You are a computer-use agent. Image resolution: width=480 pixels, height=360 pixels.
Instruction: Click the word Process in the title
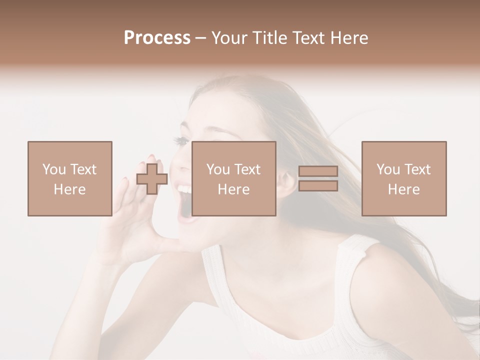point(157,38)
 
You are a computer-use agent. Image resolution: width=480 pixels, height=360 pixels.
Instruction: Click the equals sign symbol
point(318,178)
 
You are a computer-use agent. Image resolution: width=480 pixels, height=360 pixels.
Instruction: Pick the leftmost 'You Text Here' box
point(69,178)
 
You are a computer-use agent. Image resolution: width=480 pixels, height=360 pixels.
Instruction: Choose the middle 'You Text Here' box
point(233,178)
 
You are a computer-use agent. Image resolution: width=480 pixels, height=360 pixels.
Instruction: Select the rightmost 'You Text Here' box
point(403,178)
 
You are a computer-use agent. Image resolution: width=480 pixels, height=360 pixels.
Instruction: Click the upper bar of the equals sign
point(318,171)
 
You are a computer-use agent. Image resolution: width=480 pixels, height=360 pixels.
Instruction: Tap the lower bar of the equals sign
point(318,186)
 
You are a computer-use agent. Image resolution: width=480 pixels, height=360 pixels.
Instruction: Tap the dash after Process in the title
point(201,38)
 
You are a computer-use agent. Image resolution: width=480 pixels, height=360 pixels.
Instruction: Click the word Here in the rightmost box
point(403,189)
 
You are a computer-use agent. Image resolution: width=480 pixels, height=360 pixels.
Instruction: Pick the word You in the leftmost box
point(53,169)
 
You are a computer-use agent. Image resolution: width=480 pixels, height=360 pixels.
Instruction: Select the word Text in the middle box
point(247,169)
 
